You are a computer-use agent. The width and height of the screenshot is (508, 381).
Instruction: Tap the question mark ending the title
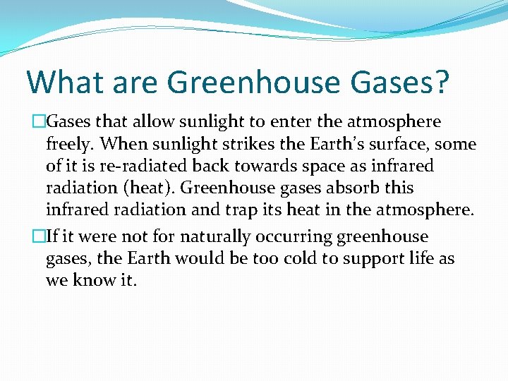pos(440,83)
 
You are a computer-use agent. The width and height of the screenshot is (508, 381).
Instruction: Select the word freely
pos(71,145)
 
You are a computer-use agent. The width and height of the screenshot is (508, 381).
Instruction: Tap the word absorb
pos(366,188)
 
